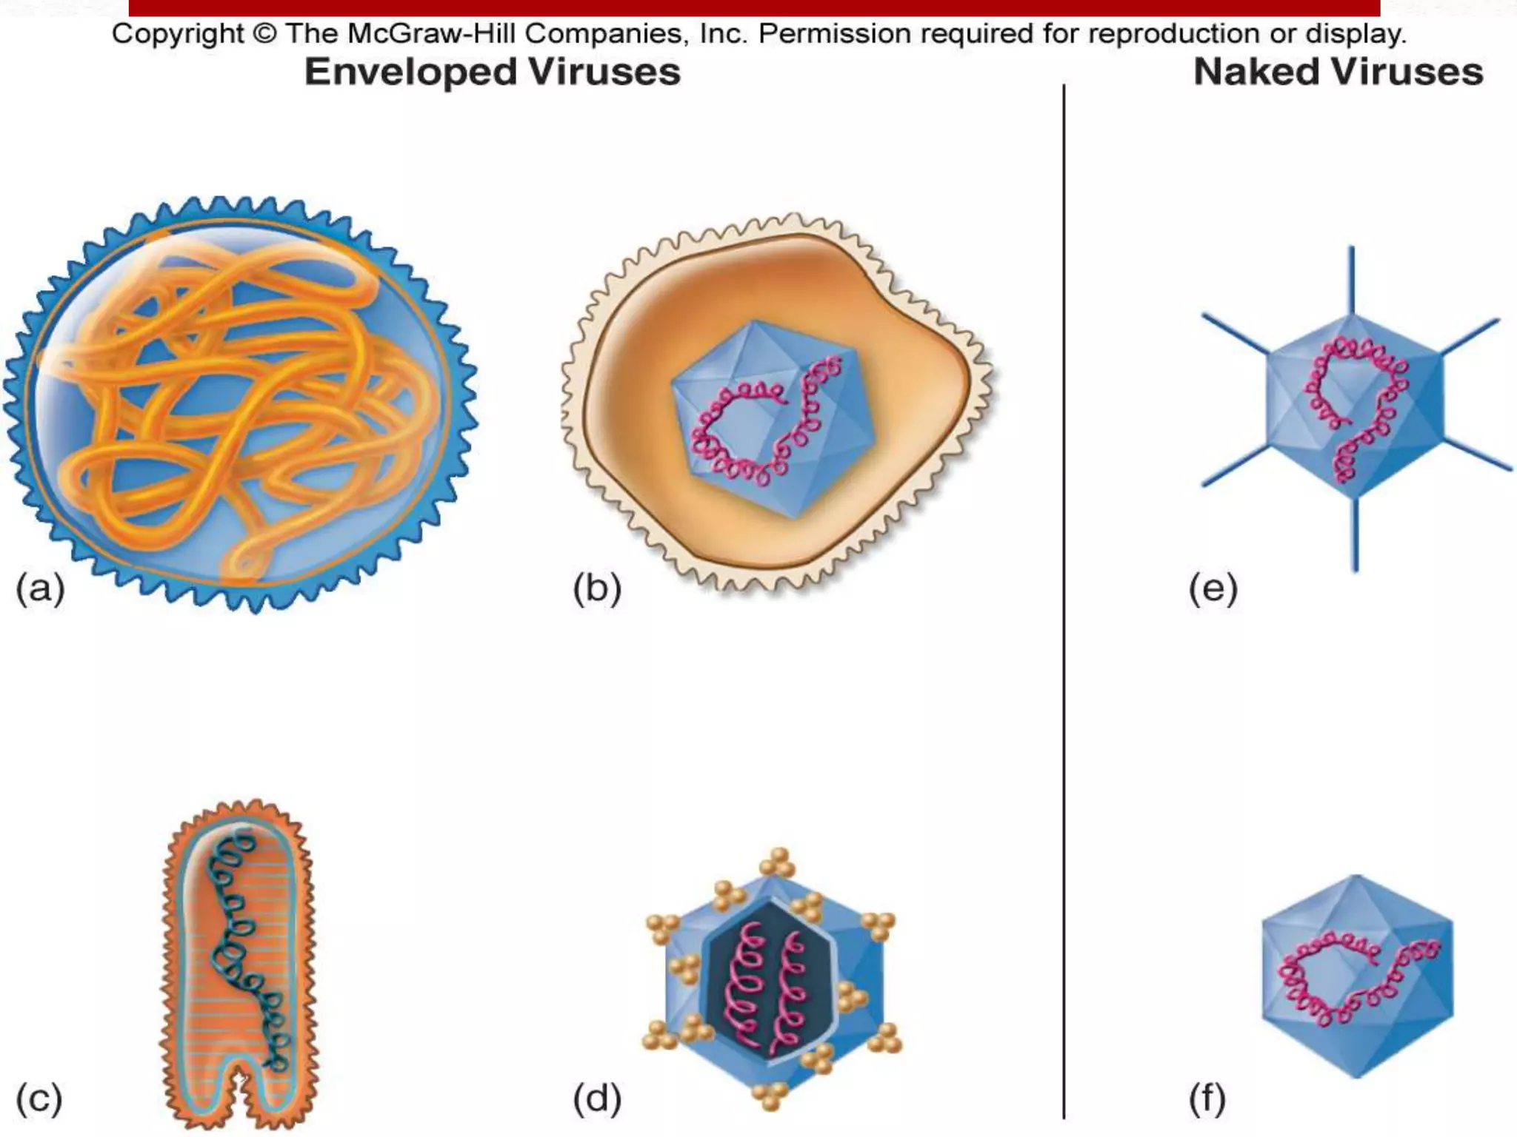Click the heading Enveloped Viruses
pos(493,73)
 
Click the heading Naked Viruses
pos(1338,73)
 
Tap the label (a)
pos(41,589)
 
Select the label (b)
pos(597,589)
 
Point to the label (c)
pos(39,1098)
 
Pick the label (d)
pos(597,1098)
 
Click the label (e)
pos(1213,589)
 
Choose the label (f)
pos(1207,1098)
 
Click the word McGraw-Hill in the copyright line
pos(430,34)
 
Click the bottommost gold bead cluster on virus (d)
pos(771,1096)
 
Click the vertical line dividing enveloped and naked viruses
pos(1064,592)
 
